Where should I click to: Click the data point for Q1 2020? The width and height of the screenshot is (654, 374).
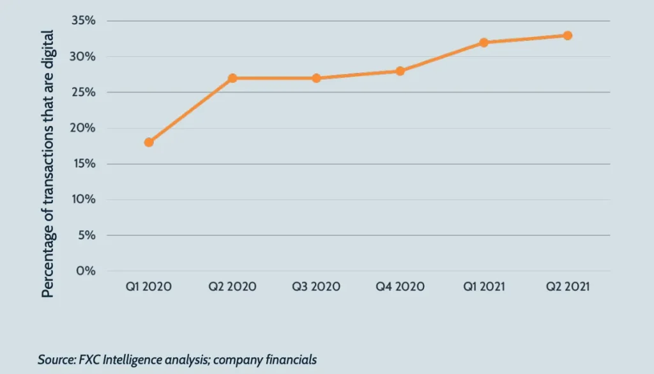click(149, 142)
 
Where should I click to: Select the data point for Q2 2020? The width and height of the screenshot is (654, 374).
click(232, 78)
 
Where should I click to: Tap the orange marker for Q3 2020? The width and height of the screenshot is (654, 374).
click(316, 78)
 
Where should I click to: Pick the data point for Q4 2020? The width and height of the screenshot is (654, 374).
click(400, 71)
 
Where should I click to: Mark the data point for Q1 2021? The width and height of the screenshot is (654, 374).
click(483, 42)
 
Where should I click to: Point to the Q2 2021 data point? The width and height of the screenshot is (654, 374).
click(567, 35)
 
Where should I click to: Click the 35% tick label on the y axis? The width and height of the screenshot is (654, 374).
click(83, 21)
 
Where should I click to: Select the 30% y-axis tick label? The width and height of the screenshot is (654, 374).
click(83, 57)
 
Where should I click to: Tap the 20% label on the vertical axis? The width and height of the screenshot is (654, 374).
click(83, 128)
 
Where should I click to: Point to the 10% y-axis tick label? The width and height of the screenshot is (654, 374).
click(84, 199)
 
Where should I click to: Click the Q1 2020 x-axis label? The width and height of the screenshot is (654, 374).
click(148, 286)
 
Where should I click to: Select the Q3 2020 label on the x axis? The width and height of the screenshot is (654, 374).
click(316, 286)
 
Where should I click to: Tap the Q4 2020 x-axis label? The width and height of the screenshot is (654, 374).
click(400, 286)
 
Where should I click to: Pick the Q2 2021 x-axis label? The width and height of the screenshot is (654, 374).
click(567, 286)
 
